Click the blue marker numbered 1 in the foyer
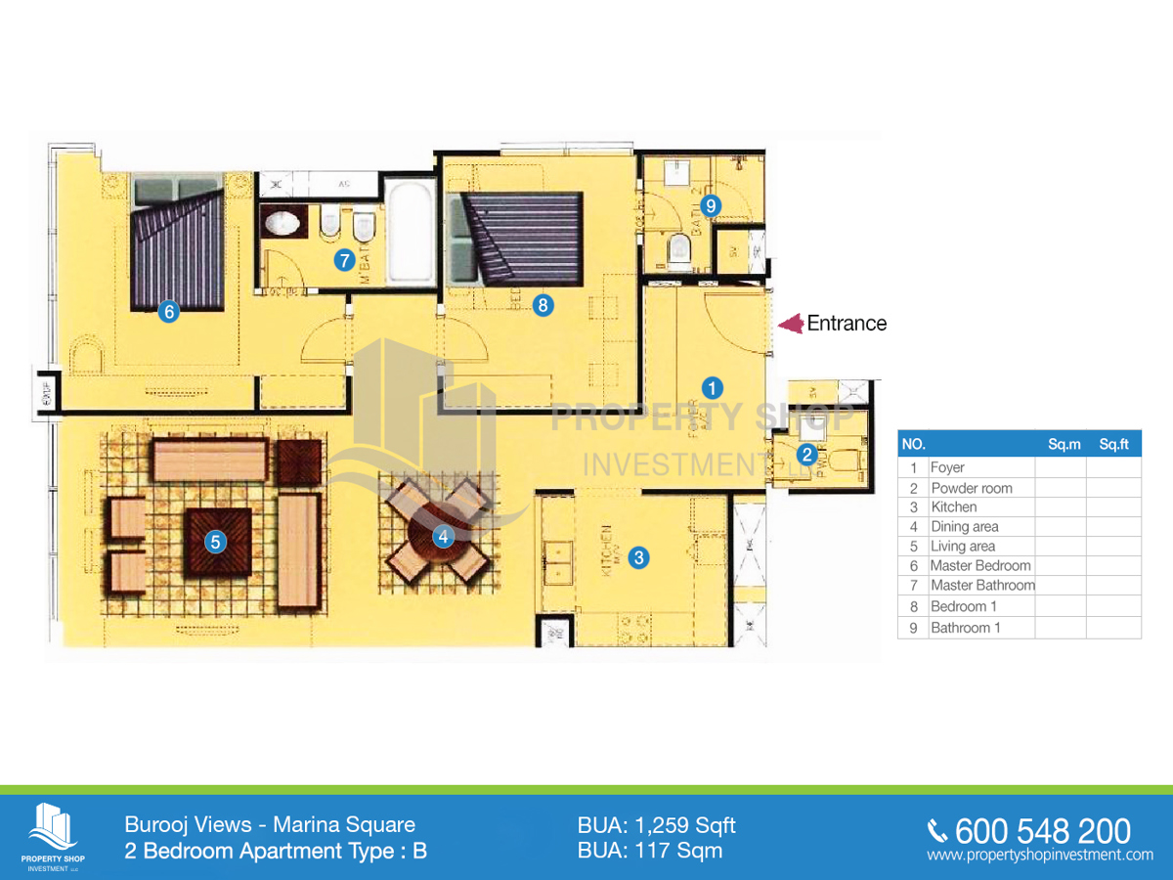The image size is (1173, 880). [x=714, y=385]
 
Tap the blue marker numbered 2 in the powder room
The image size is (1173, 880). [x=807, y=454]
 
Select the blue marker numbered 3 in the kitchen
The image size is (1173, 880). [x=638, y=558]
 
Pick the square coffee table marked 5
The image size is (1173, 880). [x=218, y=541]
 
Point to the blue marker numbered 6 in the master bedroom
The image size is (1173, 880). [x=169, y=313]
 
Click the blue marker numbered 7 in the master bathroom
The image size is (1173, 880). [x=343, y=260]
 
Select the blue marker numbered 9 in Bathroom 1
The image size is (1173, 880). [x=712, y=205]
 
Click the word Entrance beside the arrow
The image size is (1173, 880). [x=847, y=324]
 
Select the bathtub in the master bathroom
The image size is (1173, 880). [x=410, y=231]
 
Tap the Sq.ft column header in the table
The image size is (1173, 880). [x=1113, y=444]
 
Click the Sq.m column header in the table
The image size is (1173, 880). [x=1064, y=444]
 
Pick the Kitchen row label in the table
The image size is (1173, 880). [x=953, y=506]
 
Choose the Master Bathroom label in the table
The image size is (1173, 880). [x=981, y=585]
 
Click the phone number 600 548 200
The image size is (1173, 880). [x=1042, y=831]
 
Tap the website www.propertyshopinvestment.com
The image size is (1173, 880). [x=1040, y=856]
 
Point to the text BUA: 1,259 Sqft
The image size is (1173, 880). [x=656, y=825]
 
